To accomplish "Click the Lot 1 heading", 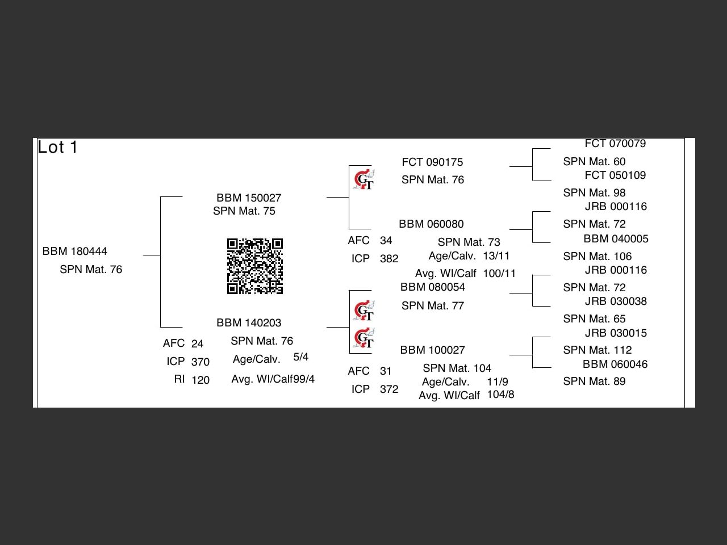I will [x=57, y=148].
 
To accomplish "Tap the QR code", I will [x=255, y=266].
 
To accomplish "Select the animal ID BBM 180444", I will [x=75, y=251].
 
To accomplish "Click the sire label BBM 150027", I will [x=249, y=198].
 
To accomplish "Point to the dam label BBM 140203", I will [x=249, y=323].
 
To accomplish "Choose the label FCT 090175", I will [x=432, y=162].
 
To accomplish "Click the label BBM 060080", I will [x=431, y=224].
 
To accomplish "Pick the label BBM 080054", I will [x=433, y=287].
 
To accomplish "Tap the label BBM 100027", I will [x=432, y=350].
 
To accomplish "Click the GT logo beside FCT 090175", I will [x=363, y=179].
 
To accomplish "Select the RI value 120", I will [x=200, y=380].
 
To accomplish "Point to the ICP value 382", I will [x=389, y=259].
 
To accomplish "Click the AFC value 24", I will [x=197, y=344].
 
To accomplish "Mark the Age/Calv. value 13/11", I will [x=496, y=256].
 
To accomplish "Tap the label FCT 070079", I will [x=615, y=144].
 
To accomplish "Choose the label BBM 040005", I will [x=616, y=239].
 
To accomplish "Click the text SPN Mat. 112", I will [x=598, y=350].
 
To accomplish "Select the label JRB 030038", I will [x=616, y=301].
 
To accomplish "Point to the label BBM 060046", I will [x=615, y=364].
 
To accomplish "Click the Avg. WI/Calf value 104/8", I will [x=500, y=395].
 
